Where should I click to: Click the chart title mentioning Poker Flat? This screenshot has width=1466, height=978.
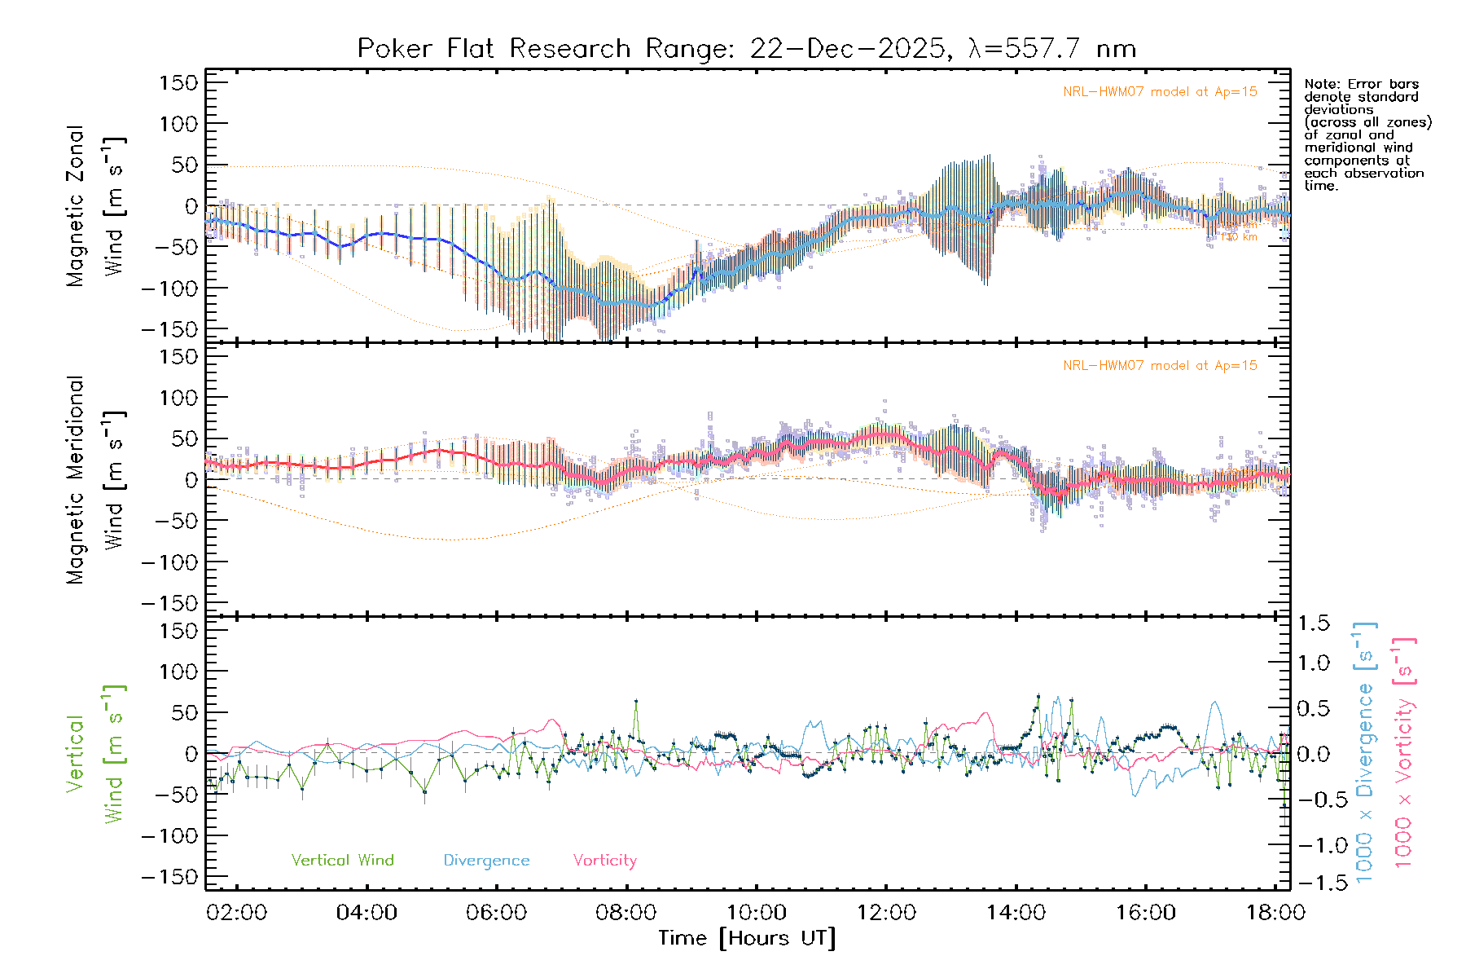746,49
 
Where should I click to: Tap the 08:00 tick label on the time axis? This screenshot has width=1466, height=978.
625,913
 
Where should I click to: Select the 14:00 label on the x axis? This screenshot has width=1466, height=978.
1016,913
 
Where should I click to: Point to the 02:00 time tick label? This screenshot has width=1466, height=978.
236,913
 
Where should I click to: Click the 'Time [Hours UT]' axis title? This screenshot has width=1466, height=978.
747,938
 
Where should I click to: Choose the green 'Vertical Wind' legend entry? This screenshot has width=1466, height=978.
342,861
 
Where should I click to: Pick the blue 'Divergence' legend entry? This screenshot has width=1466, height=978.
486,861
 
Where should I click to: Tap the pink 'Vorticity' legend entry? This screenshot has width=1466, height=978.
604,861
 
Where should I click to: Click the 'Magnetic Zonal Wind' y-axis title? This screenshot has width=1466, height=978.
96,205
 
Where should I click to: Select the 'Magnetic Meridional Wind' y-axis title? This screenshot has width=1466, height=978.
96,480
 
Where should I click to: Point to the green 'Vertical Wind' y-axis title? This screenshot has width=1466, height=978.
96,754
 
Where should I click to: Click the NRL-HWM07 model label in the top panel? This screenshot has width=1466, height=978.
1160,92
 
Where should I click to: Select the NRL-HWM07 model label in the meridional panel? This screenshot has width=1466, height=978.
1160,366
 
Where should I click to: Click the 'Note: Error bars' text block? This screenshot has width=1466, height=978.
1367,134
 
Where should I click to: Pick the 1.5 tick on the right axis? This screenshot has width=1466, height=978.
1313,623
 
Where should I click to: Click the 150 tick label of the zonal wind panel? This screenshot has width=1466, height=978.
178,83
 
